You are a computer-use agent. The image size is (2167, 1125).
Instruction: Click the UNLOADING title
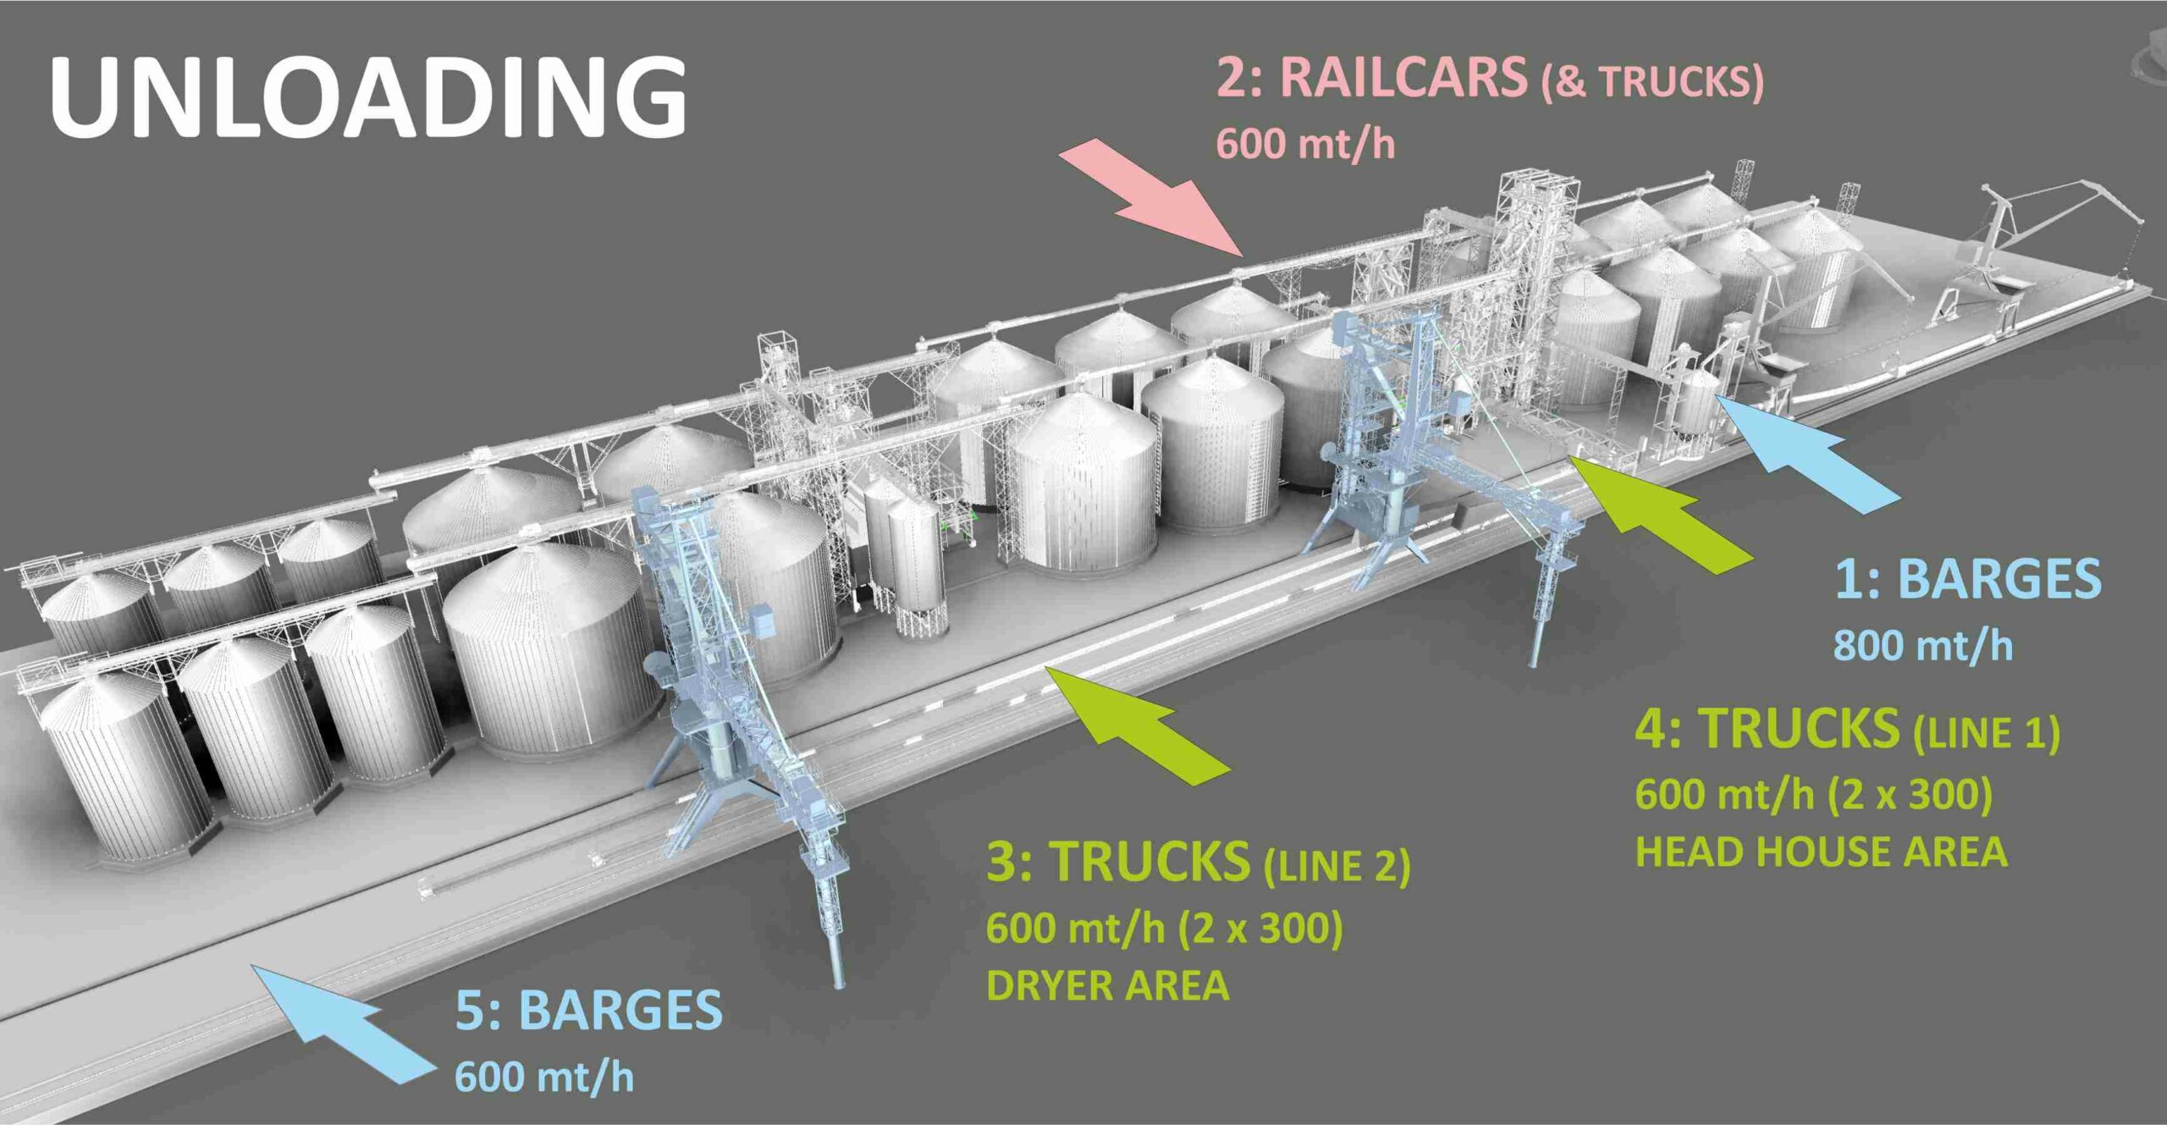368,97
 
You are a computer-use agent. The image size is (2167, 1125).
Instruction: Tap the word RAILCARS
1403,77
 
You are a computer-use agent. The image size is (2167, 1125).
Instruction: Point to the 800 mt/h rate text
1922,646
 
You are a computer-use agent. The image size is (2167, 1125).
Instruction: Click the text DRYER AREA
1107,986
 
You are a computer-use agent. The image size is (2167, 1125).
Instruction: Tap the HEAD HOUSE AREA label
1821,852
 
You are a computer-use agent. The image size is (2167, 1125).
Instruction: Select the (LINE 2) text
1337,867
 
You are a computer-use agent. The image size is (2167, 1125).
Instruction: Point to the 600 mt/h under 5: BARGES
544,1077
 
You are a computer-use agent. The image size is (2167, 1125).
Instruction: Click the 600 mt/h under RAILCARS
1305,143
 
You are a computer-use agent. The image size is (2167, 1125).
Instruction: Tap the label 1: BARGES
1967,579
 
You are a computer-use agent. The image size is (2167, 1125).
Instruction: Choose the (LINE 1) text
1986,733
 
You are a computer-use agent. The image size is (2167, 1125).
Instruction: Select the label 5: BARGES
588,1010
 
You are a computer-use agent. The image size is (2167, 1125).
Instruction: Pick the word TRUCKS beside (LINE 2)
1149,862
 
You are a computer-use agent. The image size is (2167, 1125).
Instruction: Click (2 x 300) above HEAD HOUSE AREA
1909,795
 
